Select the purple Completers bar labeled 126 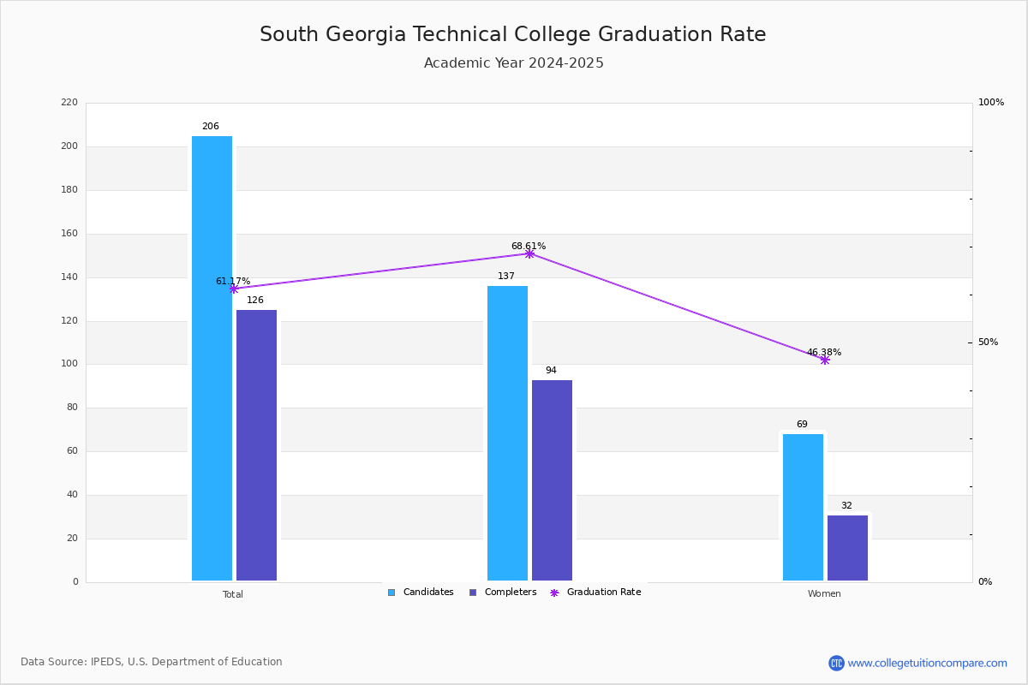[x=256, y=445]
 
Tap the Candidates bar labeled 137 [x=507, y=433]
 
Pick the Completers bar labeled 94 [x=552, y=480]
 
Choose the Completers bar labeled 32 [x=847, y=548]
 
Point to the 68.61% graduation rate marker [x=529, y=253]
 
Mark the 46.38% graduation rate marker [x=824, y=360]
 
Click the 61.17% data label [x=233, y=281]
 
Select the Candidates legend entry [x=421, y=593]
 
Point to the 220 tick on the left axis [x=69, y=103]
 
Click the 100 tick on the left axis [x=69, y=364]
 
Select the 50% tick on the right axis [x=988, y=342]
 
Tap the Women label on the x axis [x=824, y=594]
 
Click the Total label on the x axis [x=233, y=594]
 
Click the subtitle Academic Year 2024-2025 [x=514, y=63]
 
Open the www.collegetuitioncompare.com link [x=927, y=663]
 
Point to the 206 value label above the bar [x=211, y=127]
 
